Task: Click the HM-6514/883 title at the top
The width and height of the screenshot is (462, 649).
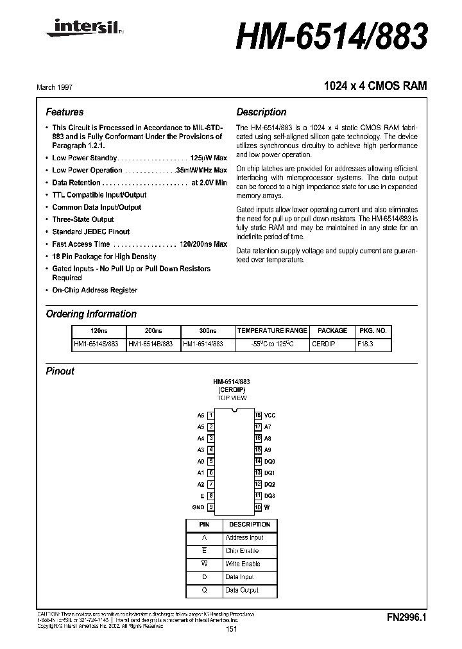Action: tap(331, 38)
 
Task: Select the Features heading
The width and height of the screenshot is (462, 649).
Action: tap(65, 112)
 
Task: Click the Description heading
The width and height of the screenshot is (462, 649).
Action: tap(261, 112)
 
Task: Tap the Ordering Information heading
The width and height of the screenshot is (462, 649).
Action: tap(91, 314)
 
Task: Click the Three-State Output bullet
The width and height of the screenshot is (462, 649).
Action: tap(83, 219)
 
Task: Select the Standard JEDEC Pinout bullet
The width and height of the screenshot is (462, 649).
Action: tap(90, 232)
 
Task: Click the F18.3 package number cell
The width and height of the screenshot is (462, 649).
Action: tap(365, 344)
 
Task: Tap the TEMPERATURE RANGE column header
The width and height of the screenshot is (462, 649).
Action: tap(272, 331)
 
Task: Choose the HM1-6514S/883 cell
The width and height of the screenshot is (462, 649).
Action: tap(96, 344)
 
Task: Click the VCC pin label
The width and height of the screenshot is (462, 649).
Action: tap(269, 416)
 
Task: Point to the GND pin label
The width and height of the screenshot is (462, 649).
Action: tap(198, 507)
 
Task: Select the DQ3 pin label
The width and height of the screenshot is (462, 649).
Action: tap(269, 496)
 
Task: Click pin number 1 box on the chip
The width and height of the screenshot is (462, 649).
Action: tap(211, 416)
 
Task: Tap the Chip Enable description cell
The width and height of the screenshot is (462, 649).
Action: tap(243, 551)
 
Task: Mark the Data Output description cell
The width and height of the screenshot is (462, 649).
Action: tap(242, 590)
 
